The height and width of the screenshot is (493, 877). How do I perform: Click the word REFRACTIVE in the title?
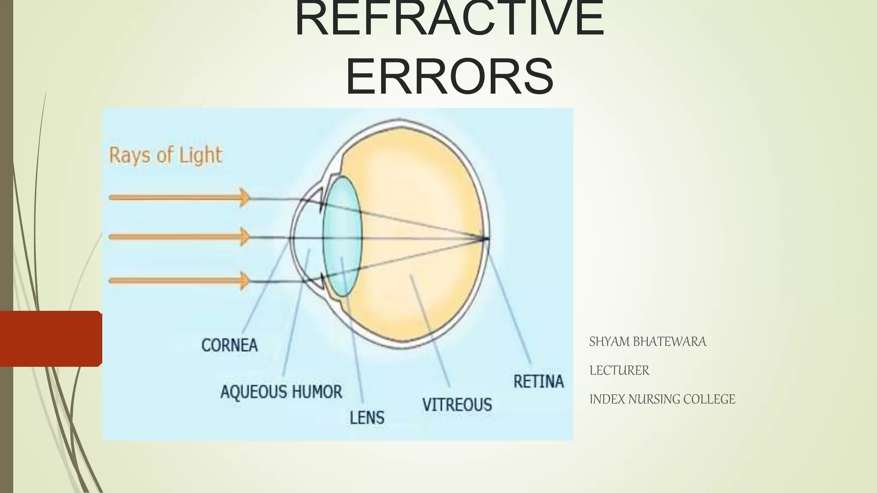[x=450, y=19]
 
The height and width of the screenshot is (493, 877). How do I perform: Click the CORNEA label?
[x=230, y=345]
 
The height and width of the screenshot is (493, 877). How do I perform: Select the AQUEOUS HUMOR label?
[x=281, y=392]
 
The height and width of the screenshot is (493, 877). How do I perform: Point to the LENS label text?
[x=367, y=418]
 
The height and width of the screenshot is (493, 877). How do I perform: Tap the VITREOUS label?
[x=457, y=405]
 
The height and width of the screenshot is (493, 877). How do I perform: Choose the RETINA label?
[x=539, y=381]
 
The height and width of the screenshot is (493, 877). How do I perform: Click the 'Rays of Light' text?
[x=166, y=155]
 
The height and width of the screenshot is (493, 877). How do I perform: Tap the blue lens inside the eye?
[x=342, y=237]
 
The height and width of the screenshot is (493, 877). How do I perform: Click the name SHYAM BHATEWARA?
[x=647, y=342]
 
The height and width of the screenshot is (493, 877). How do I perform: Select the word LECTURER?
[x=619, y=371]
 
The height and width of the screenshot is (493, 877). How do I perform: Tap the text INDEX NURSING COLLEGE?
[x=662, y=399]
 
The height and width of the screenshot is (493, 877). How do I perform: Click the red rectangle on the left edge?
[x=51, y=339]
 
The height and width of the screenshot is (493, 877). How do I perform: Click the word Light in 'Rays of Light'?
[x=200, y=155]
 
